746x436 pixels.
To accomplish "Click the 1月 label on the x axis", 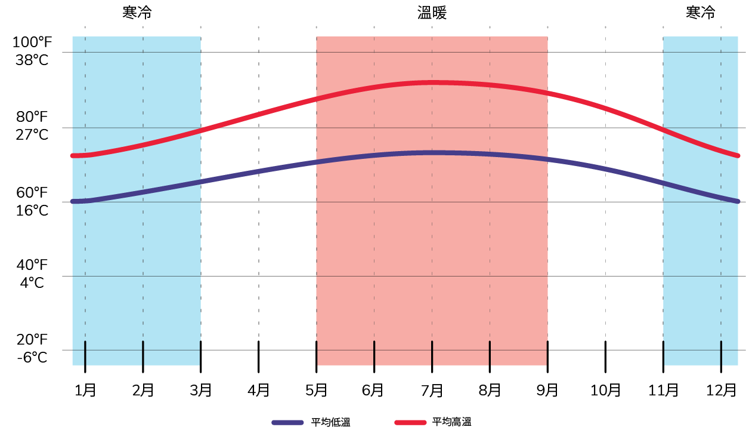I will pyautogui.click(x=85, y=391).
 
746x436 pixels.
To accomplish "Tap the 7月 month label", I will pyautogui.click(x=432, y=391).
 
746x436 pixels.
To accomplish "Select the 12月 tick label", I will pyautogui.click(x=722, y=391).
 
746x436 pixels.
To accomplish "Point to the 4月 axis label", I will pyautogui.click(x=258, y=391).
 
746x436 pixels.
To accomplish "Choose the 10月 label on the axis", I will pyautogui.click(x=605, y=391).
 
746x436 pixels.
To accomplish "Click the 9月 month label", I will pyautogui.click(x=547, y=391).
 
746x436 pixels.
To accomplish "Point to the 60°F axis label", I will pyautogui.click(x=32, y=192).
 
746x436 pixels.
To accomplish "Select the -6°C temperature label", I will pyautogui.click(x=33, y=357).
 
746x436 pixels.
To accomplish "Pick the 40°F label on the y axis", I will pyautogui.click(x=32, y=265).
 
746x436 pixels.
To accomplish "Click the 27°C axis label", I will pyautogui.click(x=32, y=134).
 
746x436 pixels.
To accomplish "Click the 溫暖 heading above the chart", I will pyautogui.click(x=432, y=14).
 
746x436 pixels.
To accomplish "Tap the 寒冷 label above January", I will pyautogui.click(x=137, y=13).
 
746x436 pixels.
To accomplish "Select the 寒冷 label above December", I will pyautogui.click(x=700, y=13).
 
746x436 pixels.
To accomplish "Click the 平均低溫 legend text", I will pyautogui.click(x=330, y=422).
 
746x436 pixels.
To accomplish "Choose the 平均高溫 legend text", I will pyautogui.click(x=452, y=422).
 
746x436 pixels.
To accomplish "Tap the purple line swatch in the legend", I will pyautogui.click(x=289, y=422).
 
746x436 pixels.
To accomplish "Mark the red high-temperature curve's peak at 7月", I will pyautogui.click(x=432, y=82).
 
